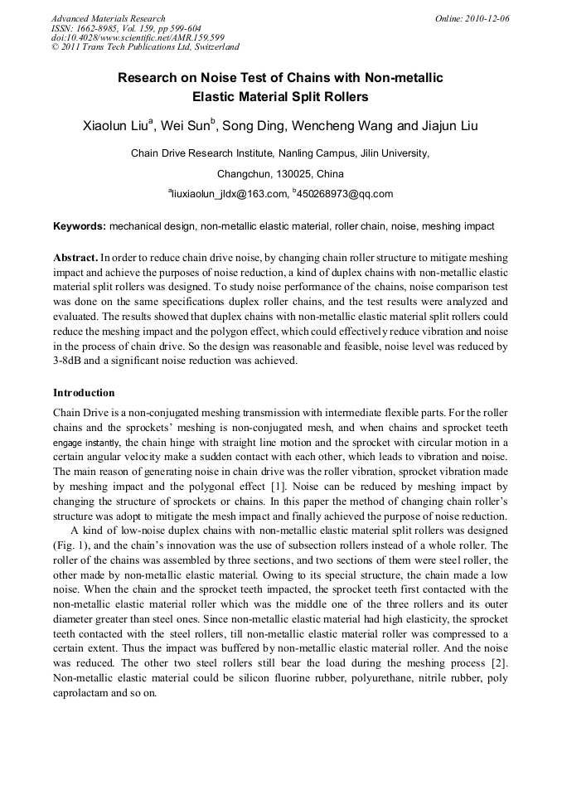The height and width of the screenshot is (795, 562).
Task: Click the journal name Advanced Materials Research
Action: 109,18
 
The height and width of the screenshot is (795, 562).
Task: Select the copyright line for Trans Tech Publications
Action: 145,47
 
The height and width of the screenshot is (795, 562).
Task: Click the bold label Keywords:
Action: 80,225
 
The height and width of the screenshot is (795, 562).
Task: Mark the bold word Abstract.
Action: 75,258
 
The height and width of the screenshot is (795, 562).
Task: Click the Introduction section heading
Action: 84,392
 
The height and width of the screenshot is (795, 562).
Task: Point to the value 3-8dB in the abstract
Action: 71,361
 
